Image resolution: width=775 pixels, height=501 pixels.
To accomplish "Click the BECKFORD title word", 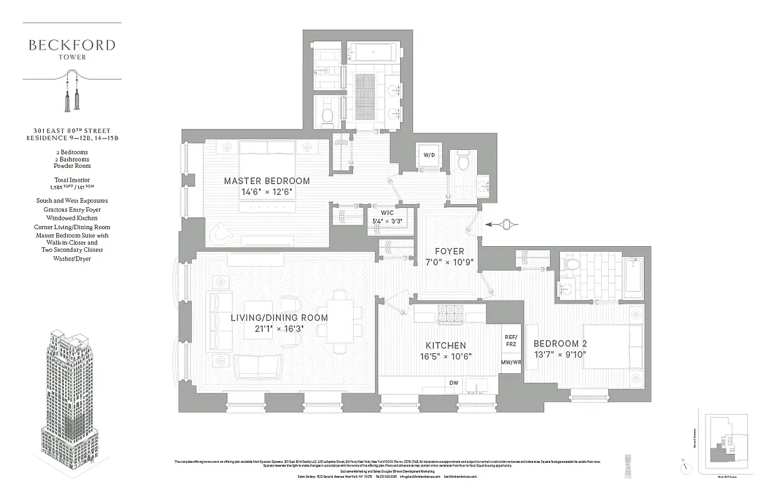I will click(x=71, y=45).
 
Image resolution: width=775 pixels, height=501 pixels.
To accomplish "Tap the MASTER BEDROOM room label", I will click(x=267, y=181).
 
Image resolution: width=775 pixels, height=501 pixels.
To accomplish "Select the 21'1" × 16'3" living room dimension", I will click(x=279, y=328).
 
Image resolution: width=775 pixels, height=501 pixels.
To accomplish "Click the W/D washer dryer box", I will click(x=430, y=154).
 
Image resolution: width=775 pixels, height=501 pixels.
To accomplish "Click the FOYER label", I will click(x=449, y=251).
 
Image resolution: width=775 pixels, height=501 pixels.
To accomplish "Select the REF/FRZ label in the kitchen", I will click(x=511, y=340).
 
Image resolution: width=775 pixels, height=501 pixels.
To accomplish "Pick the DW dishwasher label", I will click(x=453, y=383).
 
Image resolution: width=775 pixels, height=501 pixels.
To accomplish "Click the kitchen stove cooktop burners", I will click(x=449, y=311).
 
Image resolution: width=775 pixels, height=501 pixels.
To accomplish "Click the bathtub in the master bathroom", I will click(x=373, y=52).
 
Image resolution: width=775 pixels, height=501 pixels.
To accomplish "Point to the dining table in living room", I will click(x=339, y=321).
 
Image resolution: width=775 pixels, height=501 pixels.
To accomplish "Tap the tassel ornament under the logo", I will click(x=71, y=91).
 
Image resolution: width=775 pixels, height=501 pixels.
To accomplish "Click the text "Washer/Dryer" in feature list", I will click(x=71, y=258).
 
